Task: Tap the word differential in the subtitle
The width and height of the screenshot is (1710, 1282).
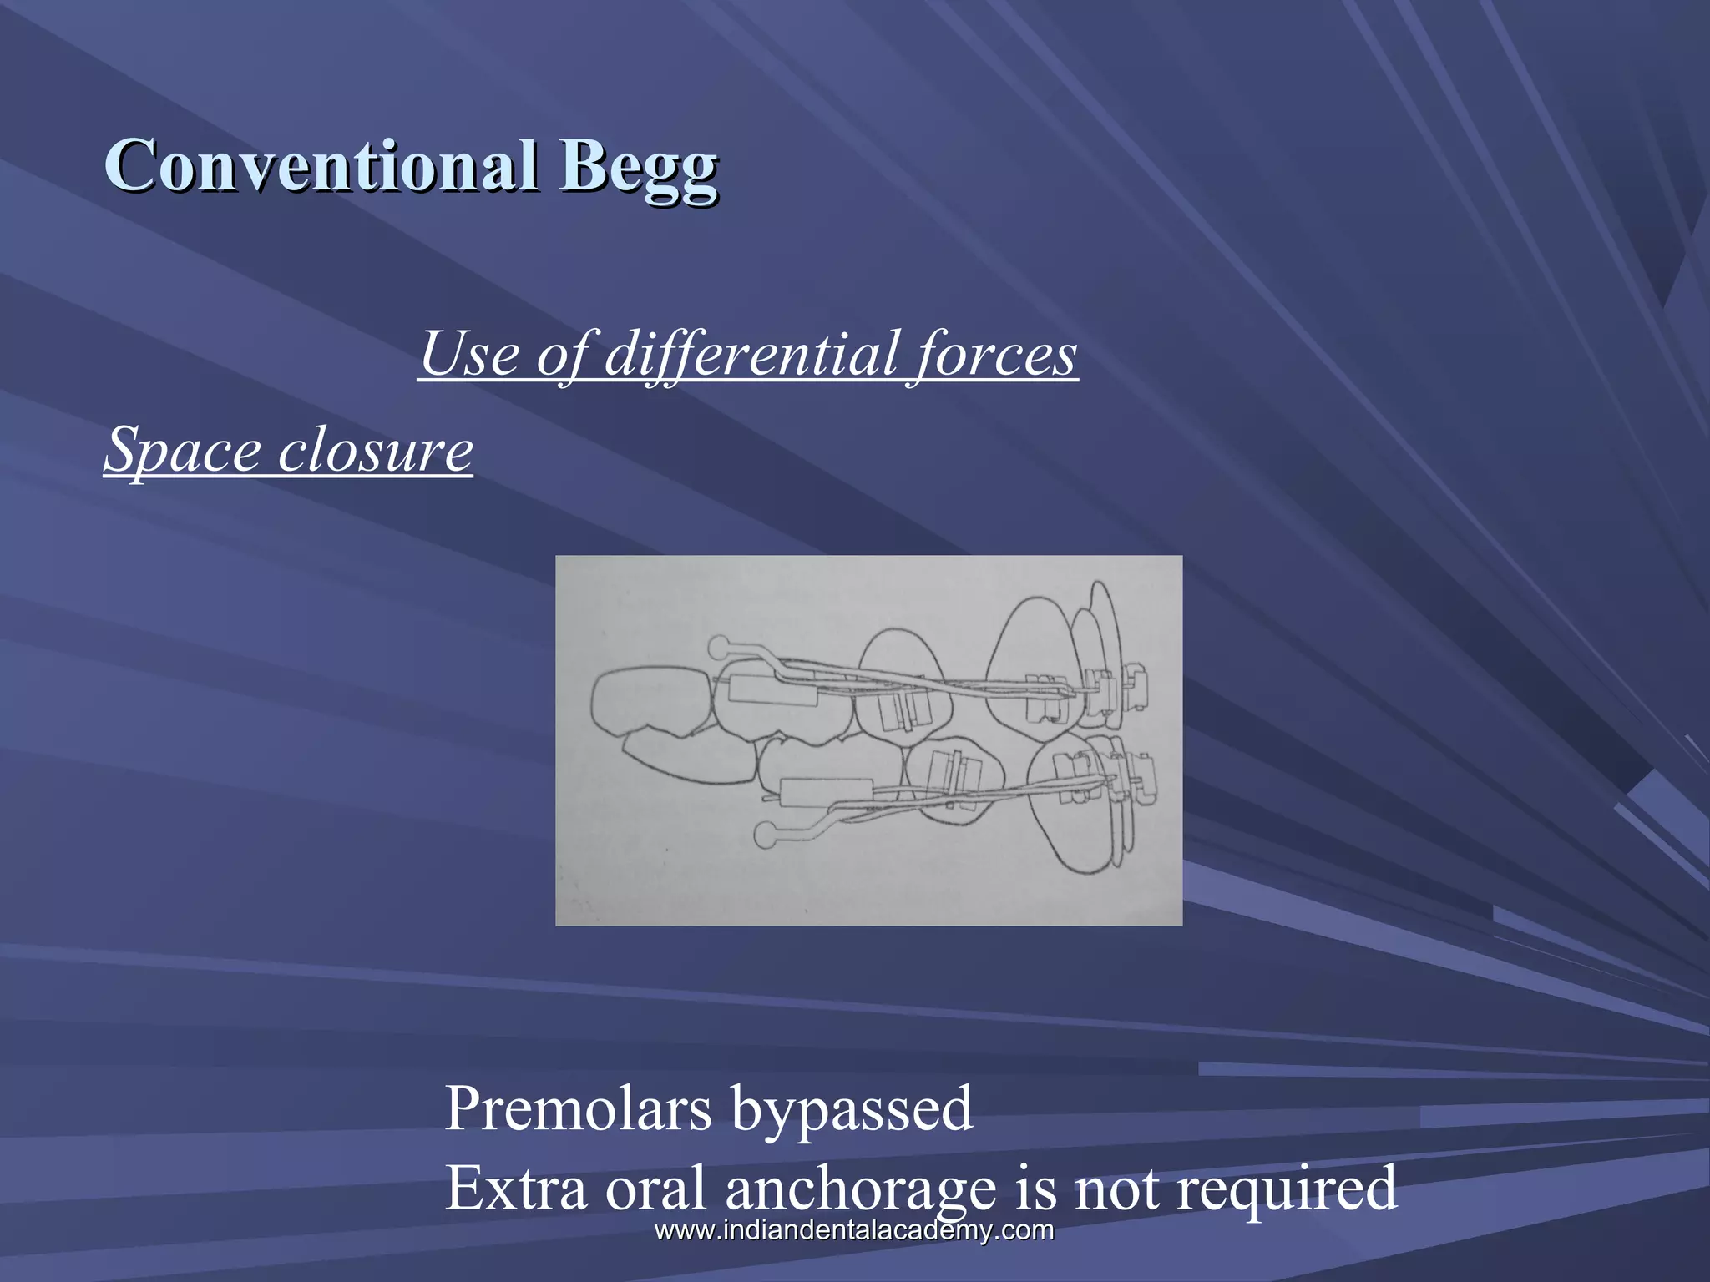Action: click(x=751, y=354)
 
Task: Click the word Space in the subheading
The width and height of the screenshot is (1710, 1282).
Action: click(x=183, y=451)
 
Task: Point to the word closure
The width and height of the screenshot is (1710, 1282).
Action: click(x=375, y=451)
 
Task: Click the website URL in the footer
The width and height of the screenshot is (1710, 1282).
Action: click(x=854, y=1230)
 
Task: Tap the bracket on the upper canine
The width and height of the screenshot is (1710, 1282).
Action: click(x=1042, y=699)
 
